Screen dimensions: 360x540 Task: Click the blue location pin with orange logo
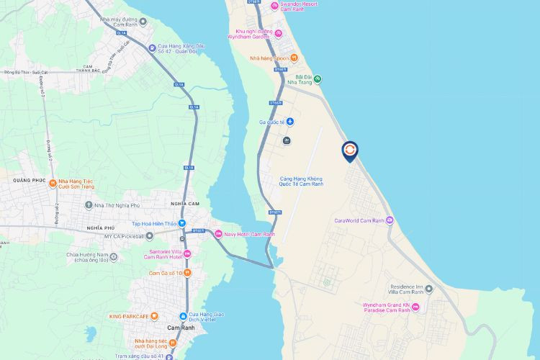tap(349, 150)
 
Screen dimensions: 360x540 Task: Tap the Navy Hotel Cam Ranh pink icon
tap(219, 233)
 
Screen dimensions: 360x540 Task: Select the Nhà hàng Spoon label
tap(269, 58)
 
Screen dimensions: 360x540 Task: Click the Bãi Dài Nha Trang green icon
tap(318, 79)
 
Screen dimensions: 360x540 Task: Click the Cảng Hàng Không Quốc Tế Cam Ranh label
tap(301, 181)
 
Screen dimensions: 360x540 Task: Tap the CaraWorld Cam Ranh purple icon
tap(390, 220)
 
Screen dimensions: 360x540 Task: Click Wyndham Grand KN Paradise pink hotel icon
tap(424, 308)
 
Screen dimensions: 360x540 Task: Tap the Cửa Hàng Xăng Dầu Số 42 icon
tap(152, 49)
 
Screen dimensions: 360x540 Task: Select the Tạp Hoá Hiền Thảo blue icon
tap(182, 224)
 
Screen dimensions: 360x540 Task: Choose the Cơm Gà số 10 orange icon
tap(187, 273)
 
